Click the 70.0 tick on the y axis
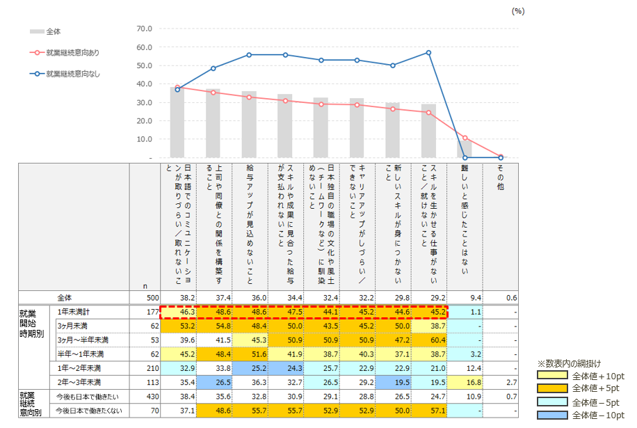click(144, 29)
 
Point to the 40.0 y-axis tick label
click(144, 84)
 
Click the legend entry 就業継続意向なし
click(65, 74)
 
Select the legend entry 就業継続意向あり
click(65, 52)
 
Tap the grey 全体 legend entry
click(45, 31)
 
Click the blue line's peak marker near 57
click(428, 53)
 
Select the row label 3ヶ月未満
click(72, 326)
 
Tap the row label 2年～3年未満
click(79, 383)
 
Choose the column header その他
click(501, 177)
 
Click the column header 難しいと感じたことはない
click(465, 219)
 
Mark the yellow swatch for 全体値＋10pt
click(552, 375)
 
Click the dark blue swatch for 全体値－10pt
click(552, 415)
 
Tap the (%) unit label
click(518, 11)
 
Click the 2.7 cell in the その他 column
click(511, 383)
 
